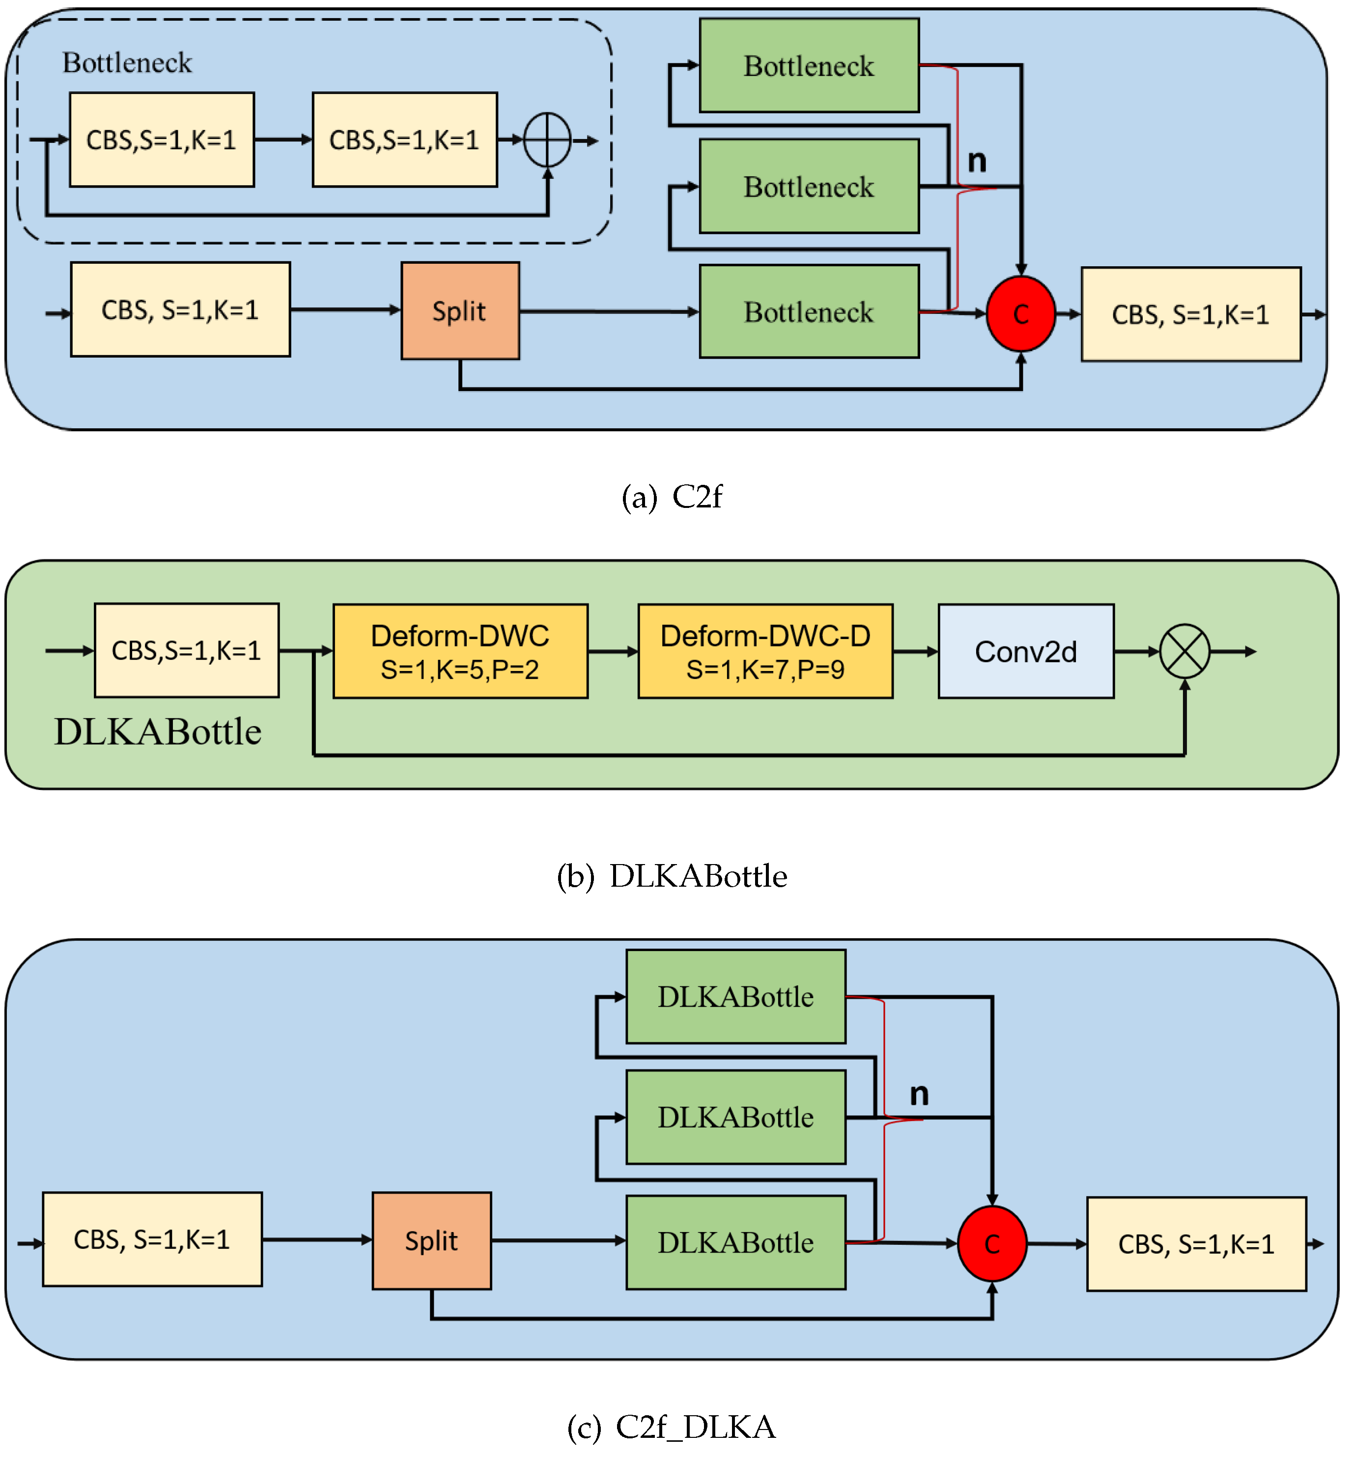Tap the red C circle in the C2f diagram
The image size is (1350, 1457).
1020,314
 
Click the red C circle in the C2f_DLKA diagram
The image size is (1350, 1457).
992,1244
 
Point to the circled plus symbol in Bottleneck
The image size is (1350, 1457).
547,140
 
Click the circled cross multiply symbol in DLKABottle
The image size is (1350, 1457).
1184,651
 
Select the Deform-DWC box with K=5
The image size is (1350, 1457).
460,651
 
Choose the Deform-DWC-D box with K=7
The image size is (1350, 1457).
765,651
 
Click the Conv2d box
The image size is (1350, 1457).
1026,651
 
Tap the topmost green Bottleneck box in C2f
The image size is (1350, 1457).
809,66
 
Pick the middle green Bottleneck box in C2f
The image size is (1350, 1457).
809,187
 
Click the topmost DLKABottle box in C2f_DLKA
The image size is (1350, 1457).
735,997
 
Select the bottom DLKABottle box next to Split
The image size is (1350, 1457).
735,1242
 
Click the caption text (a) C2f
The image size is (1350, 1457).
672,497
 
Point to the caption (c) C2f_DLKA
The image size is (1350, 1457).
672,1427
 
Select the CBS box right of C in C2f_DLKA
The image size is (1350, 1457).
1196,1244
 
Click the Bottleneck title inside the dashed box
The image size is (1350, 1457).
127,63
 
